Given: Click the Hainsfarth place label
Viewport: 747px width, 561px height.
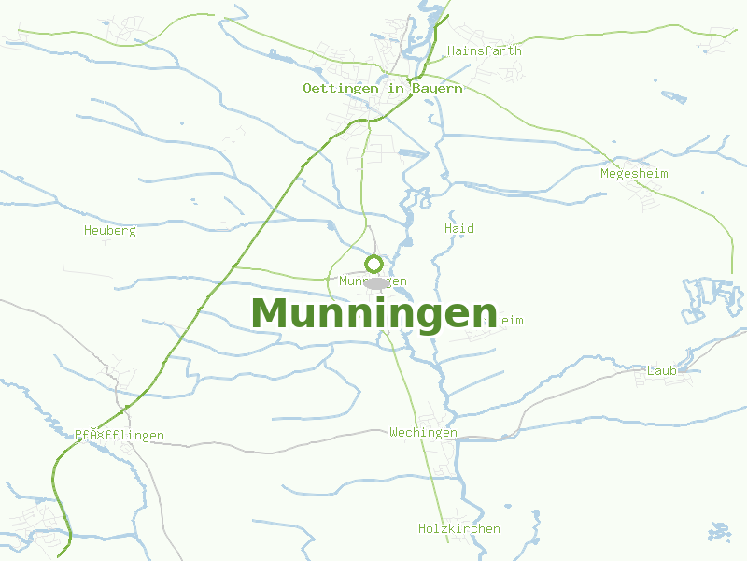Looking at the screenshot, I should [485, 50].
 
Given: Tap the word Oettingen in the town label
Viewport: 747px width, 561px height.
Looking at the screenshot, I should [341, 88].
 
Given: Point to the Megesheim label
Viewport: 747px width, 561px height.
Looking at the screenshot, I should [634, 173].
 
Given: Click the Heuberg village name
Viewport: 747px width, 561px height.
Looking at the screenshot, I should [109, 230].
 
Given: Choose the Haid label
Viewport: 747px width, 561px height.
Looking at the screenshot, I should [459, 228].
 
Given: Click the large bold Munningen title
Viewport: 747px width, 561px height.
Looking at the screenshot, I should [373, 312].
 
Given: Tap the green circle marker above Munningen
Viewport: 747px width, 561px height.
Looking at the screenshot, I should [373, 264].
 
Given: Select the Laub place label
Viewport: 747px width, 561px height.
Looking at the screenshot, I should [661, 370].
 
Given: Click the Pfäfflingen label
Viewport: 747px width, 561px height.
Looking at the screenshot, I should [120, 435].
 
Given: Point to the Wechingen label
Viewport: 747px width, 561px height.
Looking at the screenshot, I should [423, 432].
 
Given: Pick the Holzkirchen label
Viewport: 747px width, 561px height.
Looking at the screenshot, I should [458, 528].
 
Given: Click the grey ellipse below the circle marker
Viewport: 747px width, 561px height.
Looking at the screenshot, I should [375, 281].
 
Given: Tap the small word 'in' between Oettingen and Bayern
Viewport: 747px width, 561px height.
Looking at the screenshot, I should [395, 88].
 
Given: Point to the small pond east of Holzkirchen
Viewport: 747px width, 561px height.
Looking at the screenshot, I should [719, 530].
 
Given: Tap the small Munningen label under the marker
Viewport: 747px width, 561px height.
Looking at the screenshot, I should [373, 280].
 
